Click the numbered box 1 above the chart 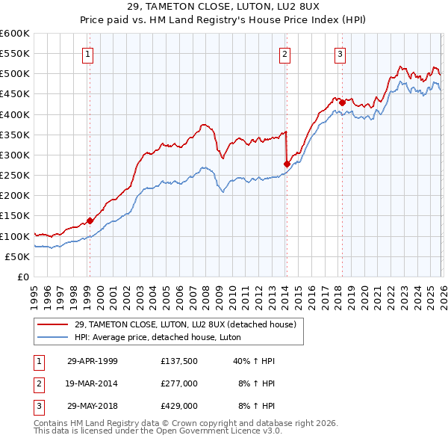[88, 53]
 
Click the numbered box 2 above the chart [285, 53]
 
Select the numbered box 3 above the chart [340, 53]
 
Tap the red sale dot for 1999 [90, 220]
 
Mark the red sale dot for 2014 [286, 164]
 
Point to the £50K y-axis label [18, 256]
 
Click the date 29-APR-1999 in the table [92, 360]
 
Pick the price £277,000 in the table [178, 383]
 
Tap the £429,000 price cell [178, 406]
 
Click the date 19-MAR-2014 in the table [92, 383]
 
